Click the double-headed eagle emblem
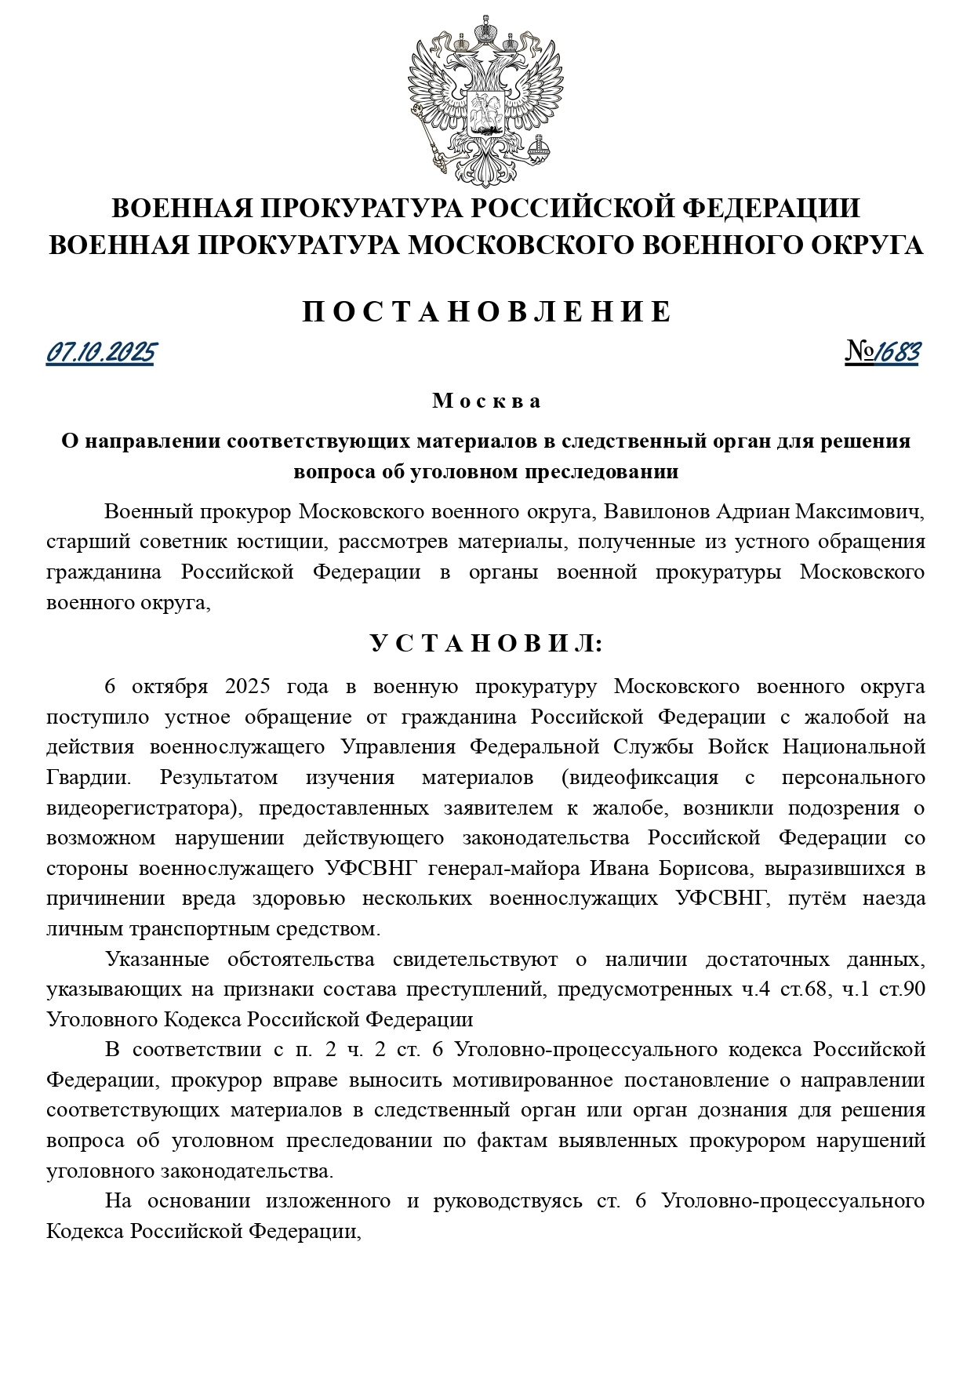[485, 100]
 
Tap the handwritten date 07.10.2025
[100, 354]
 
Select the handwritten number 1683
[896, 354]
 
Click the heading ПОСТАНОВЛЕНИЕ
[487, 312]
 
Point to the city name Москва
[487, 401]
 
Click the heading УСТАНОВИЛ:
[487, 644]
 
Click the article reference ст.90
[901, 989]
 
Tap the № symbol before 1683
[860, 354]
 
